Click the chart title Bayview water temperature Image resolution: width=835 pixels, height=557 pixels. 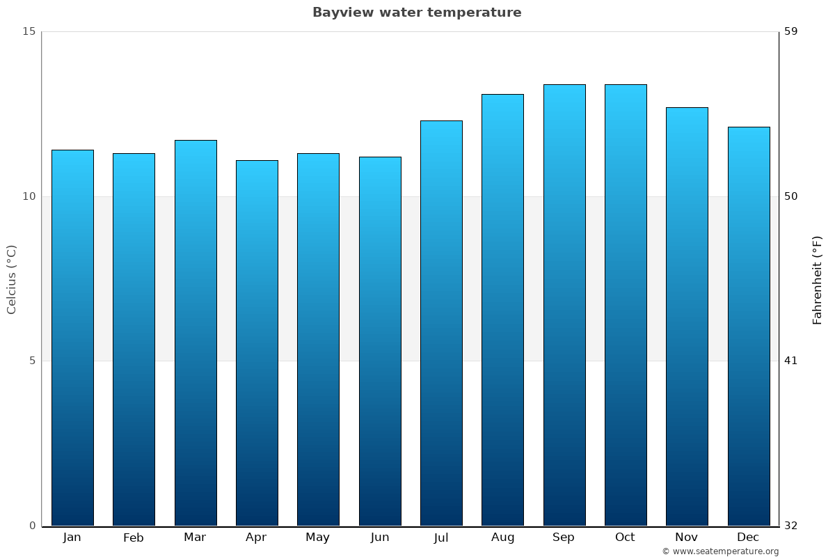tap(417, 13)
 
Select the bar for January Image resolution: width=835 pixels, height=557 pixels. tap(72, 338)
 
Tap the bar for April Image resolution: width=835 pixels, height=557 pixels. tap(257, 343)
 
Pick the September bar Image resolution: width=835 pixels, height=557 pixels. tap(564, 305)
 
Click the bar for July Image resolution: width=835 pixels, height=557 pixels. tap(441, 323)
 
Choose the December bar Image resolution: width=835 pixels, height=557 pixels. tap(749, 326)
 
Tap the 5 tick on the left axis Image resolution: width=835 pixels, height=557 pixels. tap(31, 361)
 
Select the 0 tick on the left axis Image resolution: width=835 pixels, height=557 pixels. tap(31, 526)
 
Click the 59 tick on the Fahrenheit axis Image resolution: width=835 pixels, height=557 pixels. tap(791, 31)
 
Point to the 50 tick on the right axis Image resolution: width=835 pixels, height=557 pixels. tap(791, 196)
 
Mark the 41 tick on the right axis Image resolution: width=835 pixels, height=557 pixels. tap(791, 361)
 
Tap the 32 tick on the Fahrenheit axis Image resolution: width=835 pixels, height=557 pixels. tap(791, 526)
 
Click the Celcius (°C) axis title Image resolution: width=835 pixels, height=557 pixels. tap(12, 279)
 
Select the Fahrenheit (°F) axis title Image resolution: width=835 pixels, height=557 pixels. tap(817, 280)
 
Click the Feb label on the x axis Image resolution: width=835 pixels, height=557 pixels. tap(133, 538)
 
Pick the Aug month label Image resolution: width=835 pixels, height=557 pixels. tap(502, 538)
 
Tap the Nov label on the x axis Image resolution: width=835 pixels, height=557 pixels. tap(686, 538)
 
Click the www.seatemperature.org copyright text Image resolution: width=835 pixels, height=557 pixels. tap(720, 551)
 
